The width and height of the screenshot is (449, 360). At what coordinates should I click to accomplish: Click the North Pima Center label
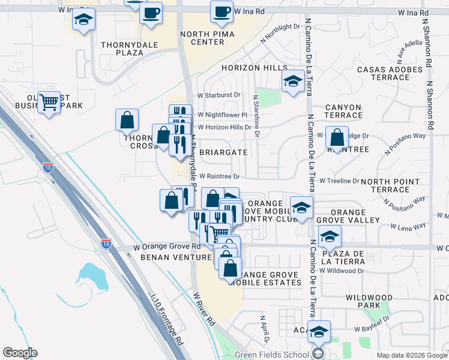click(202, 38)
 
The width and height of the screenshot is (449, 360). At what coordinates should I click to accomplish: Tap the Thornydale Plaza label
click(130, 49)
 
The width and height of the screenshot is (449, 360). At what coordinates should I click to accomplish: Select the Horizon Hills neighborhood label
click(254, 68)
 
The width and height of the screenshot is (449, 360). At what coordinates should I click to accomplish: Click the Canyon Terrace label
click(343, 112)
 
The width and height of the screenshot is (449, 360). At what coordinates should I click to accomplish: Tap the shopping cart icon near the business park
click(49, 101)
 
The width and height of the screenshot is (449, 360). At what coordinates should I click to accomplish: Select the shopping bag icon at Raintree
click(337, 137)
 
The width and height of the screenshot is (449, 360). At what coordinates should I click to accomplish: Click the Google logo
click(20, 353)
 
